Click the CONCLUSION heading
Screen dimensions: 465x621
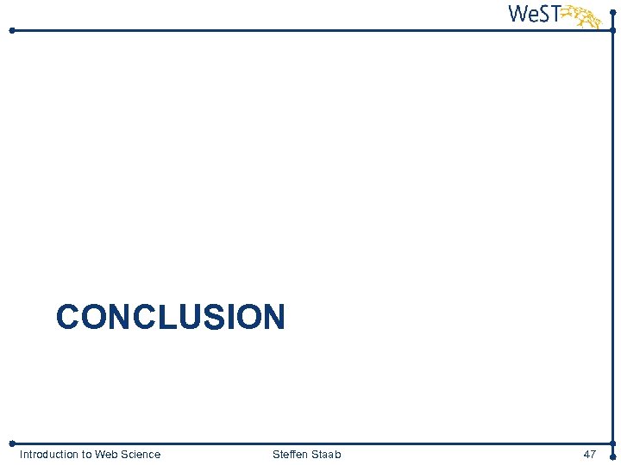(x=170, y=317)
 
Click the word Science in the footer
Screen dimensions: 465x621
(x=141, y=454)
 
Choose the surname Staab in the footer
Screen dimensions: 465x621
(x=326, y=454)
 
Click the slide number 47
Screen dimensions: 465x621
(x=590, y=454)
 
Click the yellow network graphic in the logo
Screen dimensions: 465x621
(x=585, y=15)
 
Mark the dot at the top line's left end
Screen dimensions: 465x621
(x=12, y=30)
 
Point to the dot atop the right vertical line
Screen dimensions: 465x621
(x=612, y=12)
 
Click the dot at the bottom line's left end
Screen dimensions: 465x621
(x=12, y=443)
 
